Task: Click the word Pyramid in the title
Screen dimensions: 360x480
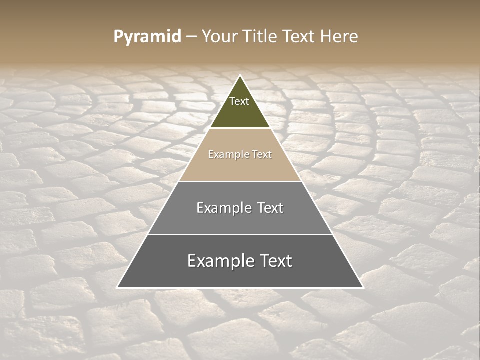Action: point(147,37)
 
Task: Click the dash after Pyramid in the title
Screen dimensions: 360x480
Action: point(191,37)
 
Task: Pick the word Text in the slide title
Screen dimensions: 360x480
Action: point(299,36)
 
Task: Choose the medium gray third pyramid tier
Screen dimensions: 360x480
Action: point(240,220)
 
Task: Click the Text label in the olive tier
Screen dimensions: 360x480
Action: point(239,101)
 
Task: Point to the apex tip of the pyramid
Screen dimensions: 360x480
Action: point(240,76)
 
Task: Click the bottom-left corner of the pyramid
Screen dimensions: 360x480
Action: point(118,287)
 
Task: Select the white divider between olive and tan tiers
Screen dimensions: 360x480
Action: point(240,128)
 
